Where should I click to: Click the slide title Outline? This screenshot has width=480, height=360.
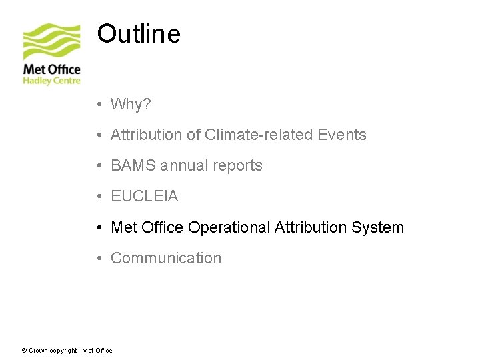[x=139, y=33]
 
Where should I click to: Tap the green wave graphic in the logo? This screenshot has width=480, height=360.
[x=51, y=41]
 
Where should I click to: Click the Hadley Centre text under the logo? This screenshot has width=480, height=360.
[x=51, y=81]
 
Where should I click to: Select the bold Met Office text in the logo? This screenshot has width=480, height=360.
[x=51, y=69]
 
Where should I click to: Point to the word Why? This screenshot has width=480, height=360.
[x=131, y=104]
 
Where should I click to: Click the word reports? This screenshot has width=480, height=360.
[x=237, y=165]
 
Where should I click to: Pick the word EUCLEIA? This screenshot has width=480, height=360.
[x=144, y=197]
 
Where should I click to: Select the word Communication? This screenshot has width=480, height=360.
[x=166, y=258]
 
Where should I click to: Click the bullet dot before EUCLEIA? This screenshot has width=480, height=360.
[x=98, y=197]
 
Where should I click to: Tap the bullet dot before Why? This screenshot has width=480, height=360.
[x=98, y=105]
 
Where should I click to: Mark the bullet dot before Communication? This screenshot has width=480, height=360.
[x=98, y=259]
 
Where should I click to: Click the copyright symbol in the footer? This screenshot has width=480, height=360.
[x=24, y=351]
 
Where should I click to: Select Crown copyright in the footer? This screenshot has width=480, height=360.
[x=53, y=351]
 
